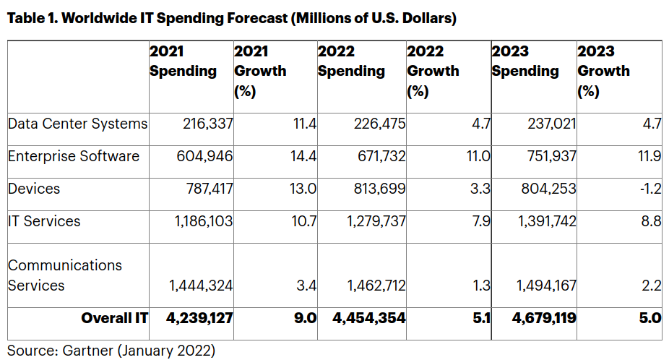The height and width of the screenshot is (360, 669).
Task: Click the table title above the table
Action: point(231,19)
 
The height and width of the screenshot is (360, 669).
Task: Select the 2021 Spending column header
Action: point(183,61)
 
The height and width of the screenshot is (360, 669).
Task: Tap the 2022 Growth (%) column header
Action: point(433,71)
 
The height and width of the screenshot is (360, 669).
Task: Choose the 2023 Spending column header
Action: point(525,61)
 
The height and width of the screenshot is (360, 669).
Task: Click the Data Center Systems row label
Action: point(77,124)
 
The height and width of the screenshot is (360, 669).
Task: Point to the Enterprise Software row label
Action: point(74,156)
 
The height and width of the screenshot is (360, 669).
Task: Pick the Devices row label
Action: point(34,189)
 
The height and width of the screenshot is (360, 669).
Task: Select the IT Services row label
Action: point(44,221)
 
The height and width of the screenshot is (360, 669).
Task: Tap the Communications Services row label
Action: point(65,275)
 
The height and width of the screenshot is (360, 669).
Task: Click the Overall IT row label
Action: point(114,318)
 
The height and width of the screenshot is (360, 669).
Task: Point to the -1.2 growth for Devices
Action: point(651,189)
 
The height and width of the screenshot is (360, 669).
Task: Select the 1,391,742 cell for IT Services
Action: point(546,222)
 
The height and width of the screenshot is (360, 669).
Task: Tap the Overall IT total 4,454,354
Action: point(369,318)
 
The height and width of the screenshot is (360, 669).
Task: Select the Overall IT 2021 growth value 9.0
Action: point(306,318)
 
